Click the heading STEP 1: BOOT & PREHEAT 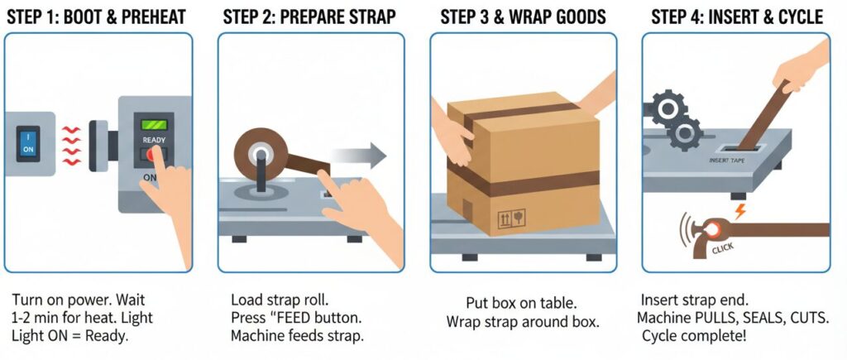click(96, 17)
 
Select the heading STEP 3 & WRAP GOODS click(523, 17)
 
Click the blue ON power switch click(29, 143)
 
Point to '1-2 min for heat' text click(69, 319)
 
